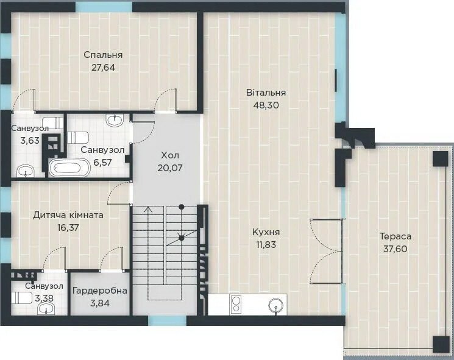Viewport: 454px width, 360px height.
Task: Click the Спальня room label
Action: click(103, 55)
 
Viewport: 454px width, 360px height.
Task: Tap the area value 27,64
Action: click(104, 68)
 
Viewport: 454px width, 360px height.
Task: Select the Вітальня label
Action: click(266, 93)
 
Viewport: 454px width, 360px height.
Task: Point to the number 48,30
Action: click(266, 105)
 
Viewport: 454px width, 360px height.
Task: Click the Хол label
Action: click(170, 155)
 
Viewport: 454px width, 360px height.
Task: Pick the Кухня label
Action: click(266, 232)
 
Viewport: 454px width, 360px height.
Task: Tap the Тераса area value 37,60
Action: click(395, 249)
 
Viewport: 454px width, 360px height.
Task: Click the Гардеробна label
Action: click(100, 291)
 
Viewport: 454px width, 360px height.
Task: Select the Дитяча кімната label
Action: click(68, 215)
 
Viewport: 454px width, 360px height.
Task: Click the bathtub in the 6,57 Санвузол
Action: click(69, 168)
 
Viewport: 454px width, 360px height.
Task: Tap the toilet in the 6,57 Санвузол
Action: click(78, 138)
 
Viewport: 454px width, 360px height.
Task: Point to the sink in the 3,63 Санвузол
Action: click(26, 171)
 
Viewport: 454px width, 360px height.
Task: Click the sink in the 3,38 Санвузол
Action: click(46, 309)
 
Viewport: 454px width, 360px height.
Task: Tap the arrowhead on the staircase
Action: click(149, 209)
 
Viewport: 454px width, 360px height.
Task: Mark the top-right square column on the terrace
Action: click(441, 158)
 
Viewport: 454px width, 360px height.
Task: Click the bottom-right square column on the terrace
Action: click(441, 344)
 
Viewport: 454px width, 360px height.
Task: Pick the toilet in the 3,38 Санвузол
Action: click(22, 298)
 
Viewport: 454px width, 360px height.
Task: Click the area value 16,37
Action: click(68, 228)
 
